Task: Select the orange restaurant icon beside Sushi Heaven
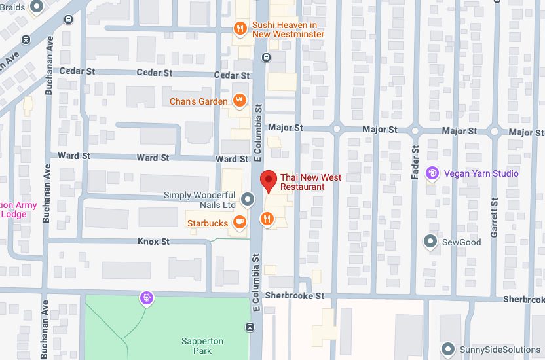(240, 28)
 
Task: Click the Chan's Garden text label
(198, 101)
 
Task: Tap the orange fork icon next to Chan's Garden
(240, 101)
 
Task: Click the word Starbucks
(208, 223)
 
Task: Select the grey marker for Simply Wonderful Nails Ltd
(248, 198)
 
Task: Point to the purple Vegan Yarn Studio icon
(432, 173)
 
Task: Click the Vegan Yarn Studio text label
(481, 173)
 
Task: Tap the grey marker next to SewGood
(430, 242)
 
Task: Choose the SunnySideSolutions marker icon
(448, 348)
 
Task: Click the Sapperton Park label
(202, 346)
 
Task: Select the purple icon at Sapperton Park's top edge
(147, 298)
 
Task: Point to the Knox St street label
(153, 242)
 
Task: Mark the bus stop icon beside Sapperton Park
(249, 327)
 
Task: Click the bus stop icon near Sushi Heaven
(266, 57)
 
